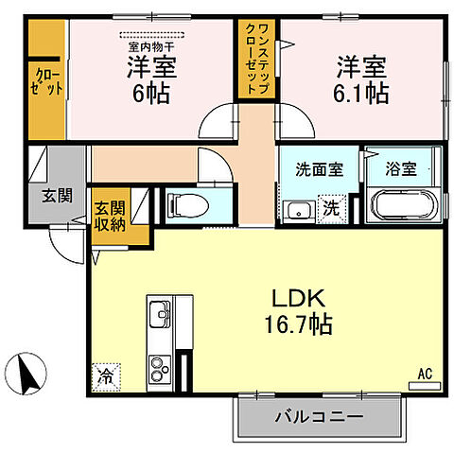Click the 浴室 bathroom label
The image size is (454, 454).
coord(400,170)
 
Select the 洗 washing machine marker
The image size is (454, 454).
coord(334,207)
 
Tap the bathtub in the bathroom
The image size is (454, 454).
coord(399,204)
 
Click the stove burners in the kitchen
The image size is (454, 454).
coord(159,364)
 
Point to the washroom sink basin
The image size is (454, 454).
coord(301,208)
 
